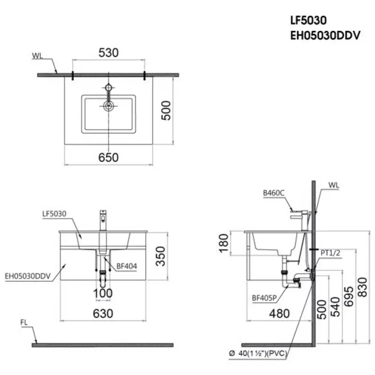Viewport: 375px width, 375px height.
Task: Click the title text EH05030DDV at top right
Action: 326,35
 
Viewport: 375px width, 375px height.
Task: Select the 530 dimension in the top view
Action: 108,53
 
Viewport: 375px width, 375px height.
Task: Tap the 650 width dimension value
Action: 108,157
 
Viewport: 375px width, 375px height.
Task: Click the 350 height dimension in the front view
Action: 161,256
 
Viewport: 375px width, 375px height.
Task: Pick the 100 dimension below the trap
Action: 103,293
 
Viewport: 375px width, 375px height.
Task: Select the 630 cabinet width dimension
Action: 103,314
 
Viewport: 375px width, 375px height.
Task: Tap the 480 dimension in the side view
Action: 279,314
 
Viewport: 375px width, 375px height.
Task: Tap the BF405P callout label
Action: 263,297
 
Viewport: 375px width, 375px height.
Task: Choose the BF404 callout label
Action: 127,266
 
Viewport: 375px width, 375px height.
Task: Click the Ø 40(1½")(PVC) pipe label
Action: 259,353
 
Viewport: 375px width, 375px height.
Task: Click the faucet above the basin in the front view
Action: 104,220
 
